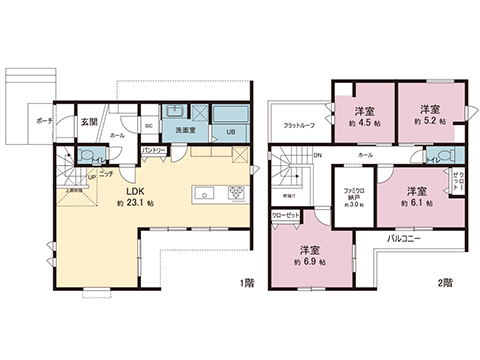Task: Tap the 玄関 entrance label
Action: pos(90,121)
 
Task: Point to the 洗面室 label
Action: pos(186,130)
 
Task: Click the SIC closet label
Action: pos(148,126)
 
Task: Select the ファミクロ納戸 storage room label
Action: pos(351,196)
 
